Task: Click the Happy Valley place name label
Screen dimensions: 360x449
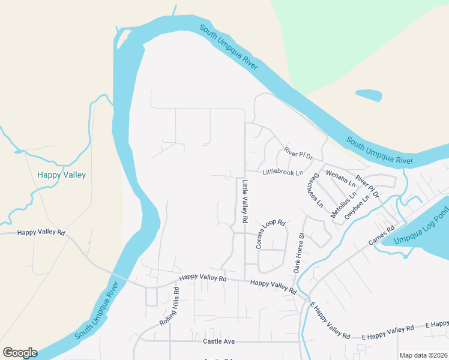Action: tap(61, 175)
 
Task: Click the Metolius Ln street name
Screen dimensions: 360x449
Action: tap(343, 202)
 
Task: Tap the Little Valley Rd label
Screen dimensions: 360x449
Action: tap(245, 202)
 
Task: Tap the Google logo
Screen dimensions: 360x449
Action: tap(20, 353)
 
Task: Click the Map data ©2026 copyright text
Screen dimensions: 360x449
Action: tap(423, 355)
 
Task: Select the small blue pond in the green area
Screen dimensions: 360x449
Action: tap(368, 95)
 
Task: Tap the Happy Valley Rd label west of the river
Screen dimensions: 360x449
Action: tap(41, 232)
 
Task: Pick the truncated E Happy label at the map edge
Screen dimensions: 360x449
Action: tap(436, 325)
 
